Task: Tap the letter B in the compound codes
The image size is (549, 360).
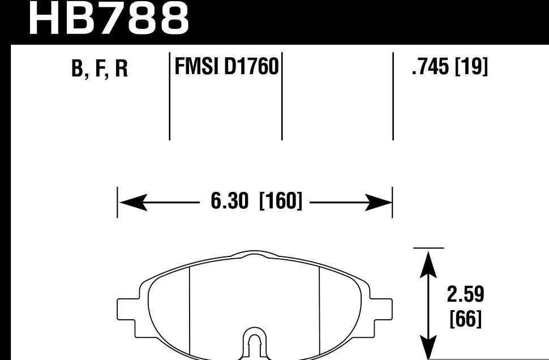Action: click(78, 69)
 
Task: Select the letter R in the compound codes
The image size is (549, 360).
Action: click(121, 69)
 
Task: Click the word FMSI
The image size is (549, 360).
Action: click(198, 67)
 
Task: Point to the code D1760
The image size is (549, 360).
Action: click(252, 67)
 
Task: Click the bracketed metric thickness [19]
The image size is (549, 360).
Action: click(471, 67)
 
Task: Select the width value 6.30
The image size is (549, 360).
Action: click(229, 202)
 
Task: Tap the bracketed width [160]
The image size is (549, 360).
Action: click(280, 202)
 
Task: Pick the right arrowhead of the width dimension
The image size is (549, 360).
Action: click(380, 202)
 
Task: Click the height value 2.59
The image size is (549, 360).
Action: click(465, 294)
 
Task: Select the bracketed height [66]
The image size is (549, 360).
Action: click(465, 320)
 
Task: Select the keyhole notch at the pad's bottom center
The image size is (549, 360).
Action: click(255, 342)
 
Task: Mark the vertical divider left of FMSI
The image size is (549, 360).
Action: click(170, 96)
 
